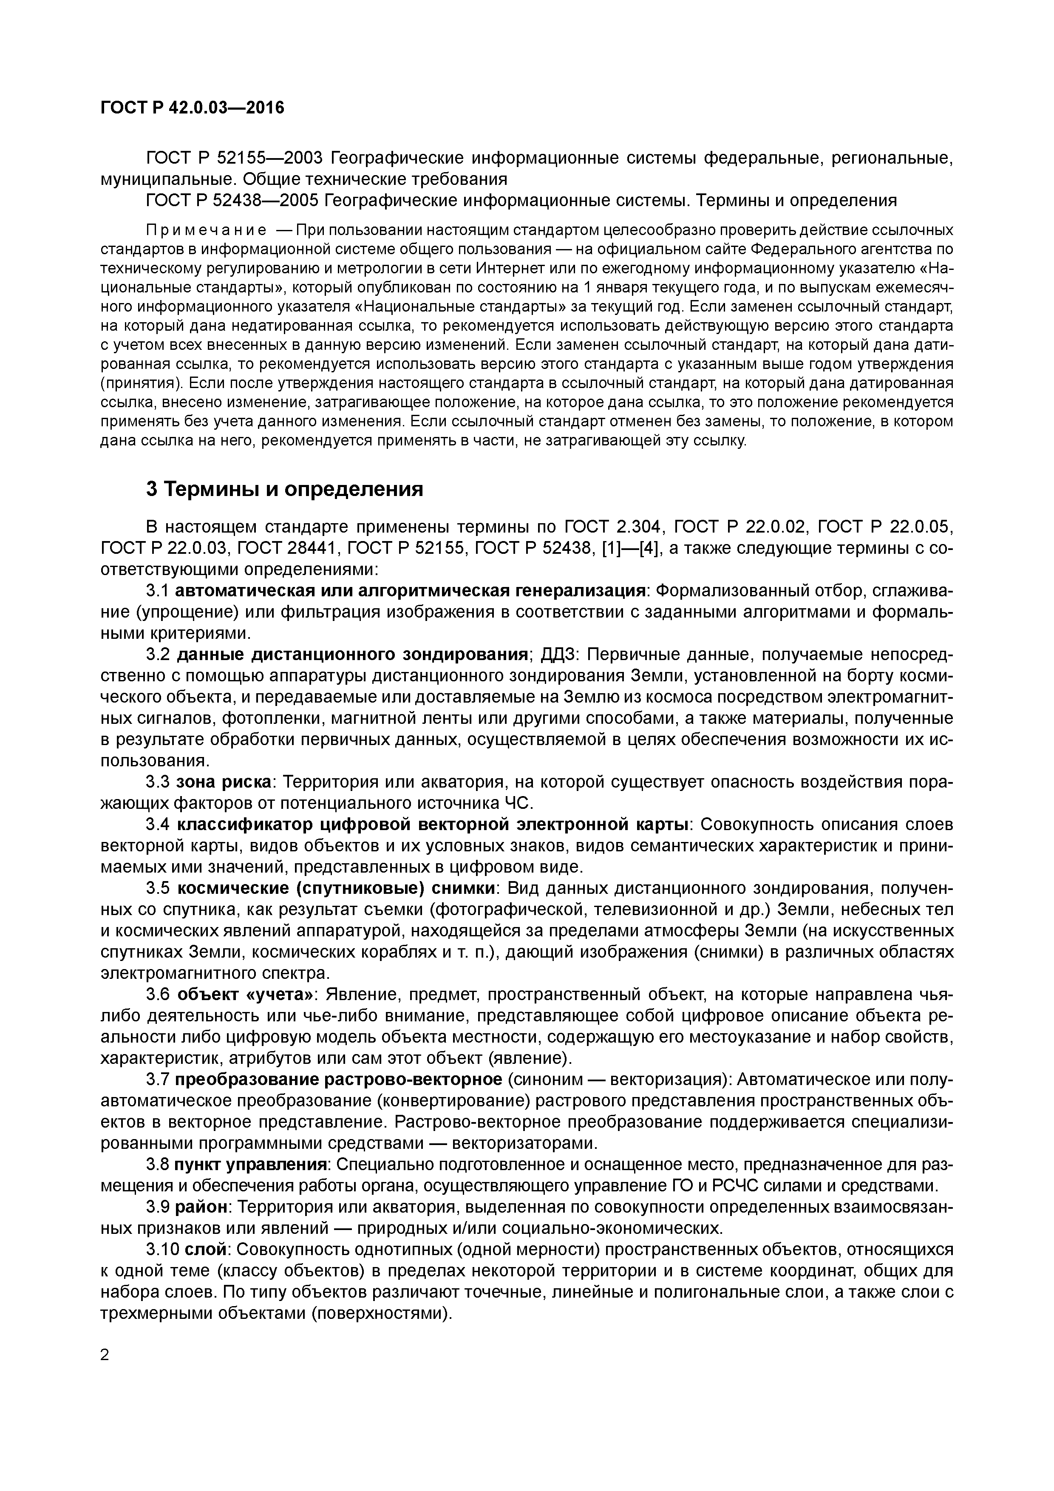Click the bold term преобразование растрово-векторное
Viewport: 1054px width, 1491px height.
point(338,1079)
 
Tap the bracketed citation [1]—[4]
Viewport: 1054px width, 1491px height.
point(630,549)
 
